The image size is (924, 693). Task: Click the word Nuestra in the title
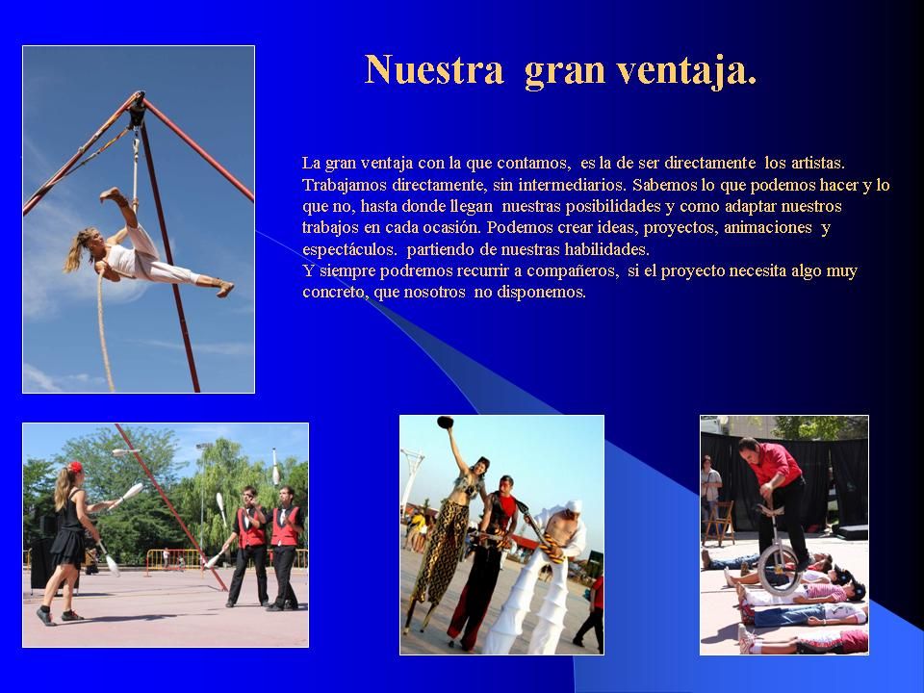click(434, 69)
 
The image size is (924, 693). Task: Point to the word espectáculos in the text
click(348, 250)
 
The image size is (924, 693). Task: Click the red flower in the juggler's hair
click(76, 468)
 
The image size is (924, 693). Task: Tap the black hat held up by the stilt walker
click(446, 422)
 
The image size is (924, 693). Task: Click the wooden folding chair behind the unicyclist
click(718, 524)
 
